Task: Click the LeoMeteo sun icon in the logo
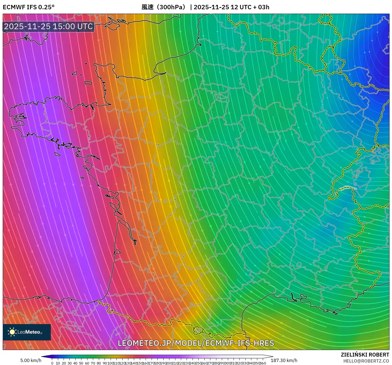click(x=12, y=332)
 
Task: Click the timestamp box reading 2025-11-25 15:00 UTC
click(x=49, y=26)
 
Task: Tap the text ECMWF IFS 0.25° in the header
click(x=29, y=7)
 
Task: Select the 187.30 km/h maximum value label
click(x=284, y=360)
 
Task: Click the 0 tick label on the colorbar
click(x=52, y=363)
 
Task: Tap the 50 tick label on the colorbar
click(x=81, y=363)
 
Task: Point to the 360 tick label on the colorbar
click(x=263, y=363)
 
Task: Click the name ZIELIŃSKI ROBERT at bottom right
click(x=365, y=355)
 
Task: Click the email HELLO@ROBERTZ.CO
click(x=366, y=361)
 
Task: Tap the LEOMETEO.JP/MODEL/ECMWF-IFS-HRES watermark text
click(x=196, y=343)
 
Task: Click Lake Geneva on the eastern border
click(x=348, y=188)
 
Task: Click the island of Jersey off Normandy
click(x=88, y=82)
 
